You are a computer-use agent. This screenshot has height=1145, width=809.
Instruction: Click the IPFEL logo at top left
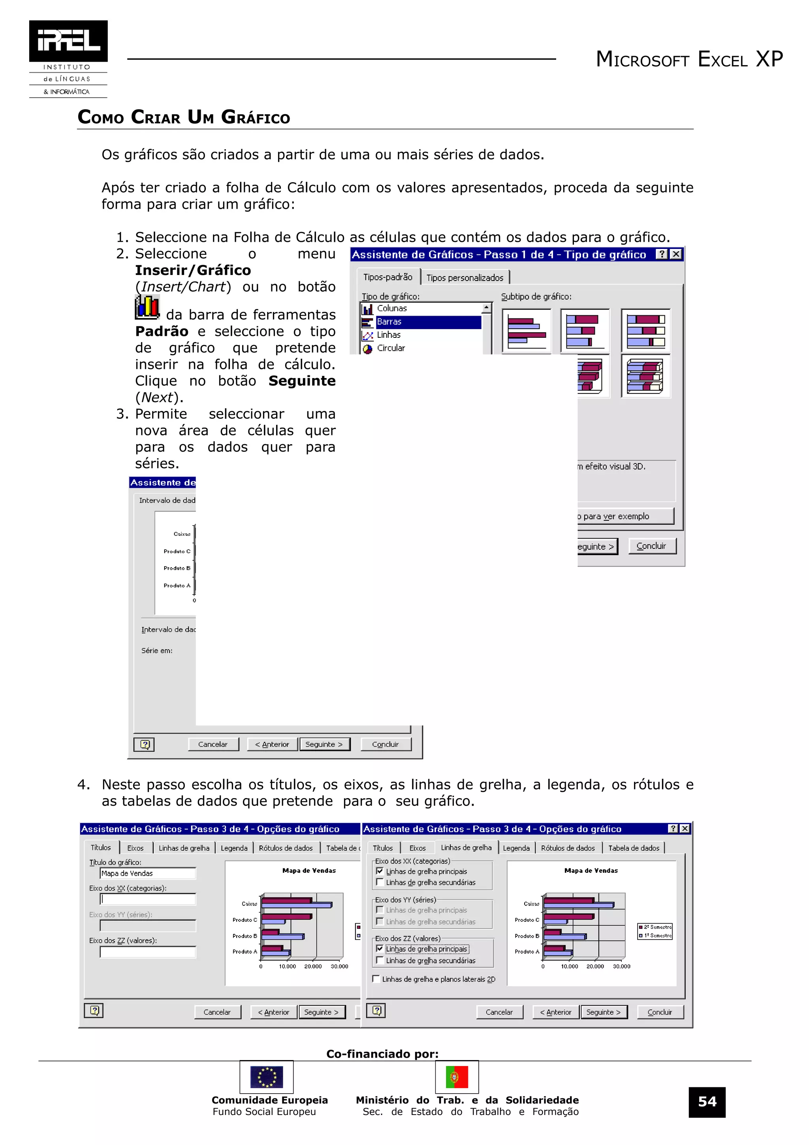[x=68, y=58]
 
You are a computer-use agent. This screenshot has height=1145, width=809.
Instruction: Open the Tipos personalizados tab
[x=465, y=278]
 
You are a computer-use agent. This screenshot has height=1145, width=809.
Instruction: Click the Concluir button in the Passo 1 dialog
[x=651, y=546]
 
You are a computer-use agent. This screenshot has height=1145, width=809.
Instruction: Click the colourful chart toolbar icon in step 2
[x=147, y=307]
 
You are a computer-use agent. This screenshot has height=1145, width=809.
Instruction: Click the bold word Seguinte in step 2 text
[x=301, y=381]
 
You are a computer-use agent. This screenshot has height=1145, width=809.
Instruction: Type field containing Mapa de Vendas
[x=148, y=873]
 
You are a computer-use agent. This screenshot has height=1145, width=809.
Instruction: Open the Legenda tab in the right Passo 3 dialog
[x=516, y=848]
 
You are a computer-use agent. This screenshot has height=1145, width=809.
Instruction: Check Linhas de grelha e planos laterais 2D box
[x=376, y=979]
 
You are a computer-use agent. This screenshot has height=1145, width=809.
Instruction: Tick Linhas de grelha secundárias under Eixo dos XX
[x=380, y=882]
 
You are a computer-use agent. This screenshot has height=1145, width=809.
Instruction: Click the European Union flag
[x=266, y=1077]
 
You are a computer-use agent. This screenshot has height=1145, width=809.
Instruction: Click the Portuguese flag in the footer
[x=457, y=1077]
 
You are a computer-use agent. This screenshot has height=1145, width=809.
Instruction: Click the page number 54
[x=707, y=1102]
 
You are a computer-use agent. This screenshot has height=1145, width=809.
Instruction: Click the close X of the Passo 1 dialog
[x=676, y=254]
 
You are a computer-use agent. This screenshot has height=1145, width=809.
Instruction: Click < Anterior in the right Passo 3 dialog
[x=555, y=1012]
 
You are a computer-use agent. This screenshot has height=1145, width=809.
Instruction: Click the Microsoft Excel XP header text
[x=689, y=59]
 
